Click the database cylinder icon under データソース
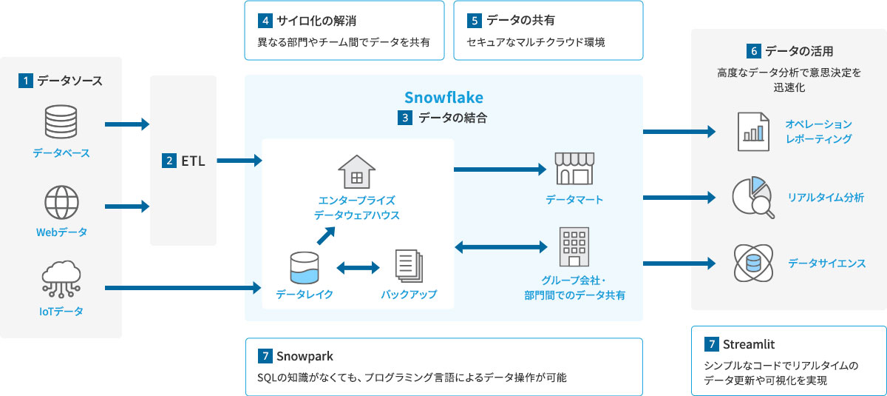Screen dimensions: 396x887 [61, 123]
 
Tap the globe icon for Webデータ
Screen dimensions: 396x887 [61, 201]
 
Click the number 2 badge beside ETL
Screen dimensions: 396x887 [169, 160]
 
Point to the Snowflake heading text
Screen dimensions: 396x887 [443, 98]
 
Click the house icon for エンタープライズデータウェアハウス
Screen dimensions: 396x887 [356, 172]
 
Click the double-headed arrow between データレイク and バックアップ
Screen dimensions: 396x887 [357, 267]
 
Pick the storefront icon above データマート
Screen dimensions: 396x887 [574, 170]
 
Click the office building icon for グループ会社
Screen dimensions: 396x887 [574, 246]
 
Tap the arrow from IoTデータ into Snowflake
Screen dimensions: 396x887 [184, 287]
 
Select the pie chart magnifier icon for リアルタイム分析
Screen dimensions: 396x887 [752, 198]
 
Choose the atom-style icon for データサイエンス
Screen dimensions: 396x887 [752, 263]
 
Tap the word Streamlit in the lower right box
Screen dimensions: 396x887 [749, 344]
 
